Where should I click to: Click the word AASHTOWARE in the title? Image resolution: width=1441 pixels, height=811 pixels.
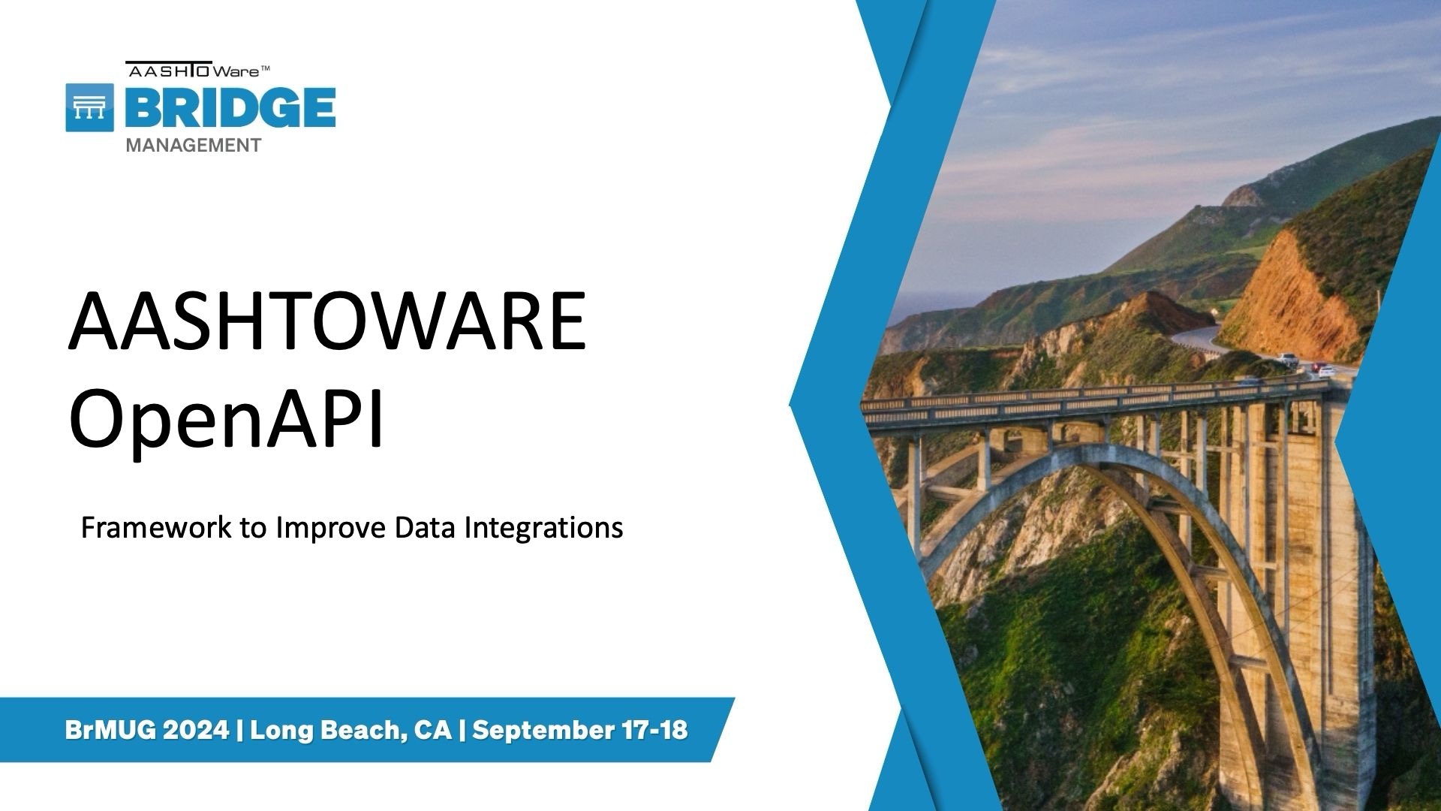327,321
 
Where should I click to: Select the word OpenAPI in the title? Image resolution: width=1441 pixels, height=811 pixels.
226,421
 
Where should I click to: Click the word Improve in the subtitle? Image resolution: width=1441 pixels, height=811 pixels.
331,529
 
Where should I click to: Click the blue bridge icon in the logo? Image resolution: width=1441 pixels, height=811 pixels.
90,107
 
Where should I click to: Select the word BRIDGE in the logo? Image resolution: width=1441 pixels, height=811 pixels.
230,107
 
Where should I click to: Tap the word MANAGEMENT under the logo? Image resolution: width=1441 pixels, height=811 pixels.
194,146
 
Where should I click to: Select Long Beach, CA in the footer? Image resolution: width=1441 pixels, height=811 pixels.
351,731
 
